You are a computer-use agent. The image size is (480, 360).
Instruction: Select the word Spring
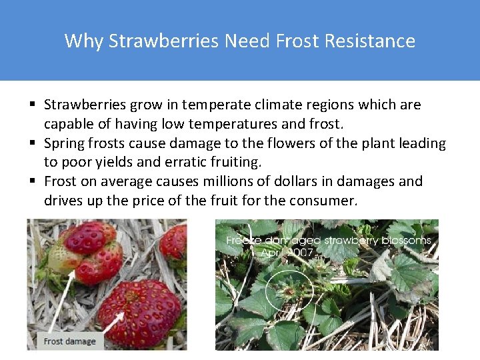pos(63,143)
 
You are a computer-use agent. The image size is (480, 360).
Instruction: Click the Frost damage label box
pos(70,341)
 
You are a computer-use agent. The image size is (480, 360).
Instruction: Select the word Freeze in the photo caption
pos(243,240)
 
